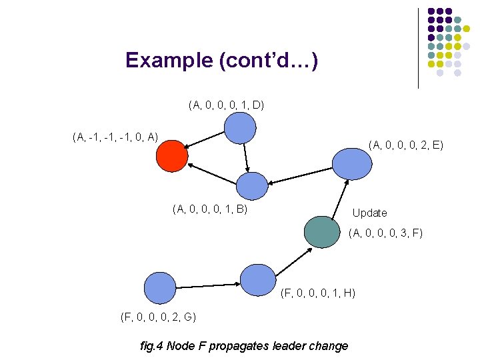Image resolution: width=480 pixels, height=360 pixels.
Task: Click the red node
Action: [x=172, y=157]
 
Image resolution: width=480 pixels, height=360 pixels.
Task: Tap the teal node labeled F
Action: [x=321, y=232]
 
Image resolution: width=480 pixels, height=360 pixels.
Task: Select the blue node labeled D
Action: [x=240, y=128]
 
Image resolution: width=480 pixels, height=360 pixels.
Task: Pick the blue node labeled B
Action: [x=252, y=186]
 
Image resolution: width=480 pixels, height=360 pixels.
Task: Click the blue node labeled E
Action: [x=351, y=162]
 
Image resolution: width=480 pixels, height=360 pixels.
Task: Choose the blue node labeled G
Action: [x=160, y=288]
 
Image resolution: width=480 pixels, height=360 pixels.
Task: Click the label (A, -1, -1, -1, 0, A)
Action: [x=115, y=137]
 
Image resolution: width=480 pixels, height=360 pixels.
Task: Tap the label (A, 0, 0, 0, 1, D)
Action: [x=226, y=105]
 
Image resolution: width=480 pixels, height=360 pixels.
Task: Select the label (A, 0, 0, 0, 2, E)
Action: [x=406, y=144]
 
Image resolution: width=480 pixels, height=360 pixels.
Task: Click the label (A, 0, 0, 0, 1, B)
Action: [x=209, y=209]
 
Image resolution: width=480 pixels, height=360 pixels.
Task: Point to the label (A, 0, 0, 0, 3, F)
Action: [x=385, y=233]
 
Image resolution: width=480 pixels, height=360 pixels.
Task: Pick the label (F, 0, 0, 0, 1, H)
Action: [x=318, y=293]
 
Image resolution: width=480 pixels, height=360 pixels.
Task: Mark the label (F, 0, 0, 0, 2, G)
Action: [x=158, y=316]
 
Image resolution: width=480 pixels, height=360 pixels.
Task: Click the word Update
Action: [x=369, y=213]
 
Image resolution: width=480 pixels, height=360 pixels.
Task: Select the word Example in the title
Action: [x=169, y=61]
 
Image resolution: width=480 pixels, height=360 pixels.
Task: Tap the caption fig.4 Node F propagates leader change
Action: [x=244, y=345]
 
